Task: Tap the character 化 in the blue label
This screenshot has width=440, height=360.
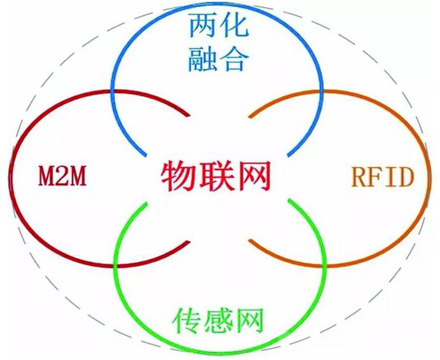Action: [x=234, y=27]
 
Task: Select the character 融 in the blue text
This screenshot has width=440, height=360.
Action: [x=202, y=59]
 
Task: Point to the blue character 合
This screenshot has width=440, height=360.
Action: [x=234, y=59]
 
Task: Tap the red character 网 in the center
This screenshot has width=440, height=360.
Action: [x=253, y=176]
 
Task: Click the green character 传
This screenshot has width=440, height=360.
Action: [x=187, y=320]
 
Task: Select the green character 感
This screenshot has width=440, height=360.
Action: [x=218, y=320]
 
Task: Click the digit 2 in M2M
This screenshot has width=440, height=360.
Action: [x=62, y=176]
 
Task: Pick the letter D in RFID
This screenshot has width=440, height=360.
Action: [x=404, y=177]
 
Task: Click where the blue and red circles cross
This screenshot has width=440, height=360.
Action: [x=113, y=92]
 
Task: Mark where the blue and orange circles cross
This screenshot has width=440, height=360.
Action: [x=322, y=92]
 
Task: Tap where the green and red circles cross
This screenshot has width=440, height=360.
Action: [x=115, y=265]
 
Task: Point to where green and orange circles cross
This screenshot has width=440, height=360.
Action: [x=325, y=265]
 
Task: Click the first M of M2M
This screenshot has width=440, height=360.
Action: [x=46, y=176]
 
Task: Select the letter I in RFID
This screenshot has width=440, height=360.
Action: [x=390, y=177]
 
